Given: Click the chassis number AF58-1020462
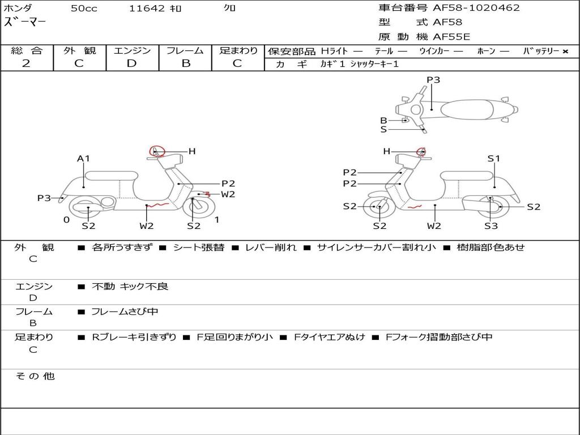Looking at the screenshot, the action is click(x=476, y=8).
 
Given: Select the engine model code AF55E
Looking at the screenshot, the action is click(x=451, y=37).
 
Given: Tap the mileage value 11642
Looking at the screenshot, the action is click(x=147, y=8).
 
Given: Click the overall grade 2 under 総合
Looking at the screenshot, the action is click(x=26, y=63).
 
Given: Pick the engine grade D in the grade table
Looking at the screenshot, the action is click(x=131, y=63).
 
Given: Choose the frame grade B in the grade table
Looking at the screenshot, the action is click(x=186, y=63).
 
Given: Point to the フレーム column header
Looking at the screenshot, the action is click(x=185, y=50).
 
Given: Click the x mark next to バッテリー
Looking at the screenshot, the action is click(x=565, y=52).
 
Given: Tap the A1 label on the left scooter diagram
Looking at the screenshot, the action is click(x=83, y=159).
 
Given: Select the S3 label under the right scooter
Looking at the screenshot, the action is click(x=491, y=226).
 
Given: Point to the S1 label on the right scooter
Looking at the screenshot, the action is click(x=493, y=159).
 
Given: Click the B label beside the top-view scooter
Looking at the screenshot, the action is click(x=383, y=121).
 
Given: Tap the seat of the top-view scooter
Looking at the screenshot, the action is click(x=467, y=110).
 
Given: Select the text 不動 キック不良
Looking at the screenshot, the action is click(x=130, y=286).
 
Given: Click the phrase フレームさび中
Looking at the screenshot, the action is click(x=125, y=312).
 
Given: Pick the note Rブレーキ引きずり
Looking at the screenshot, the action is click(x=134, y=338).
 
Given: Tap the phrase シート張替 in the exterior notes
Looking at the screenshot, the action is click(x=199, y=248).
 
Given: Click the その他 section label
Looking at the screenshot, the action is click(x=35, y=376).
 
